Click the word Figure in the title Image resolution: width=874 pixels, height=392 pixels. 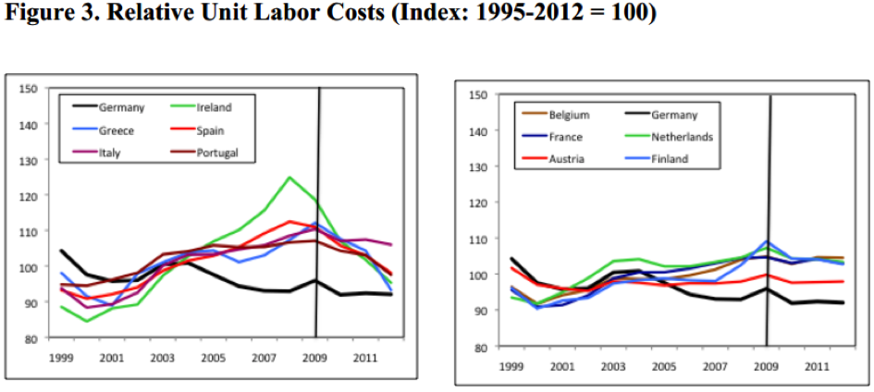pyautogui.click(x=36, y=15)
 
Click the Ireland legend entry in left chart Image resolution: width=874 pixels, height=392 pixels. pyautogui.click(x=215, y=108)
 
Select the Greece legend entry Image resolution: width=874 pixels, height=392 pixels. pyautogui.click(x=117, y=130)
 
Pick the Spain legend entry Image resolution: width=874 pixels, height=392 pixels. pyautogui.click(x=211, y=130)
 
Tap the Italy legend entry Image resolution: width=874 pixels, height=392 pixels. pyautogui.click(x=111, y=153)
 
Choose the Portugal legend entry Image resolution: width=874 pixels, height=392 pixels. pyautogui.click(x=218, y=153)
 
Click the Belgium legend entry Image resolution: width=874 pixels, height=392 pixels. pyautogui.click(x=569, y=115)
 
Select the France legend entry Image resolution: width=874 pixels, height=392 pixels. pyautogui.click(x=565, y=137)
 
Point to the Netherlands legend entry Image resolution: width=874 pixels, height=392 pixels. pyautogui.click(x=685, y=137)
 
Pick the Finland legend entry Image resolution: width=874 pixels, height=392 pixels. pyautogui.click(x=674, y=159)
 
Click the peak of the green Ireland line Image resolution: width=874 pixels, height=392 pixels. pyautogui.click(x=290, y=177)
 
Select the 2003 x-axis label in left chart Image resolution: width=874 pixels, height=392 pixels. pyautogui.click(x=163, y=356)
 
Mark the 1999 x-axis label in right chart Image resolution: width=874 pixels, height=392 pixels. pyautogui.click(x=509, y=367)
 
